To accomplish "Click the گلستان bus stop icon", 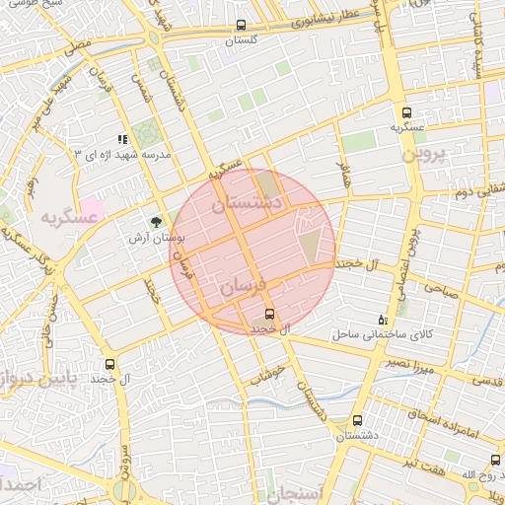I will [x=242, y=26].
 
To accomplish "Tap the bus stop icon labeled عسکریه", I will [x=407, y=112].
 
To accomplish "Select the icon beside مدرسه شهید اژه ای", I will [x=123, y=141].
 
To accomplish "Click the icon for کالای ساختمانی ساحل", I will [x=383, y=321].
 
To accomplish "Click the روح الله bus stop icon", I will [x=495, y=460].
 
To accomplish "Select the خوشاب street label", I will [x=267, y=374].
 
